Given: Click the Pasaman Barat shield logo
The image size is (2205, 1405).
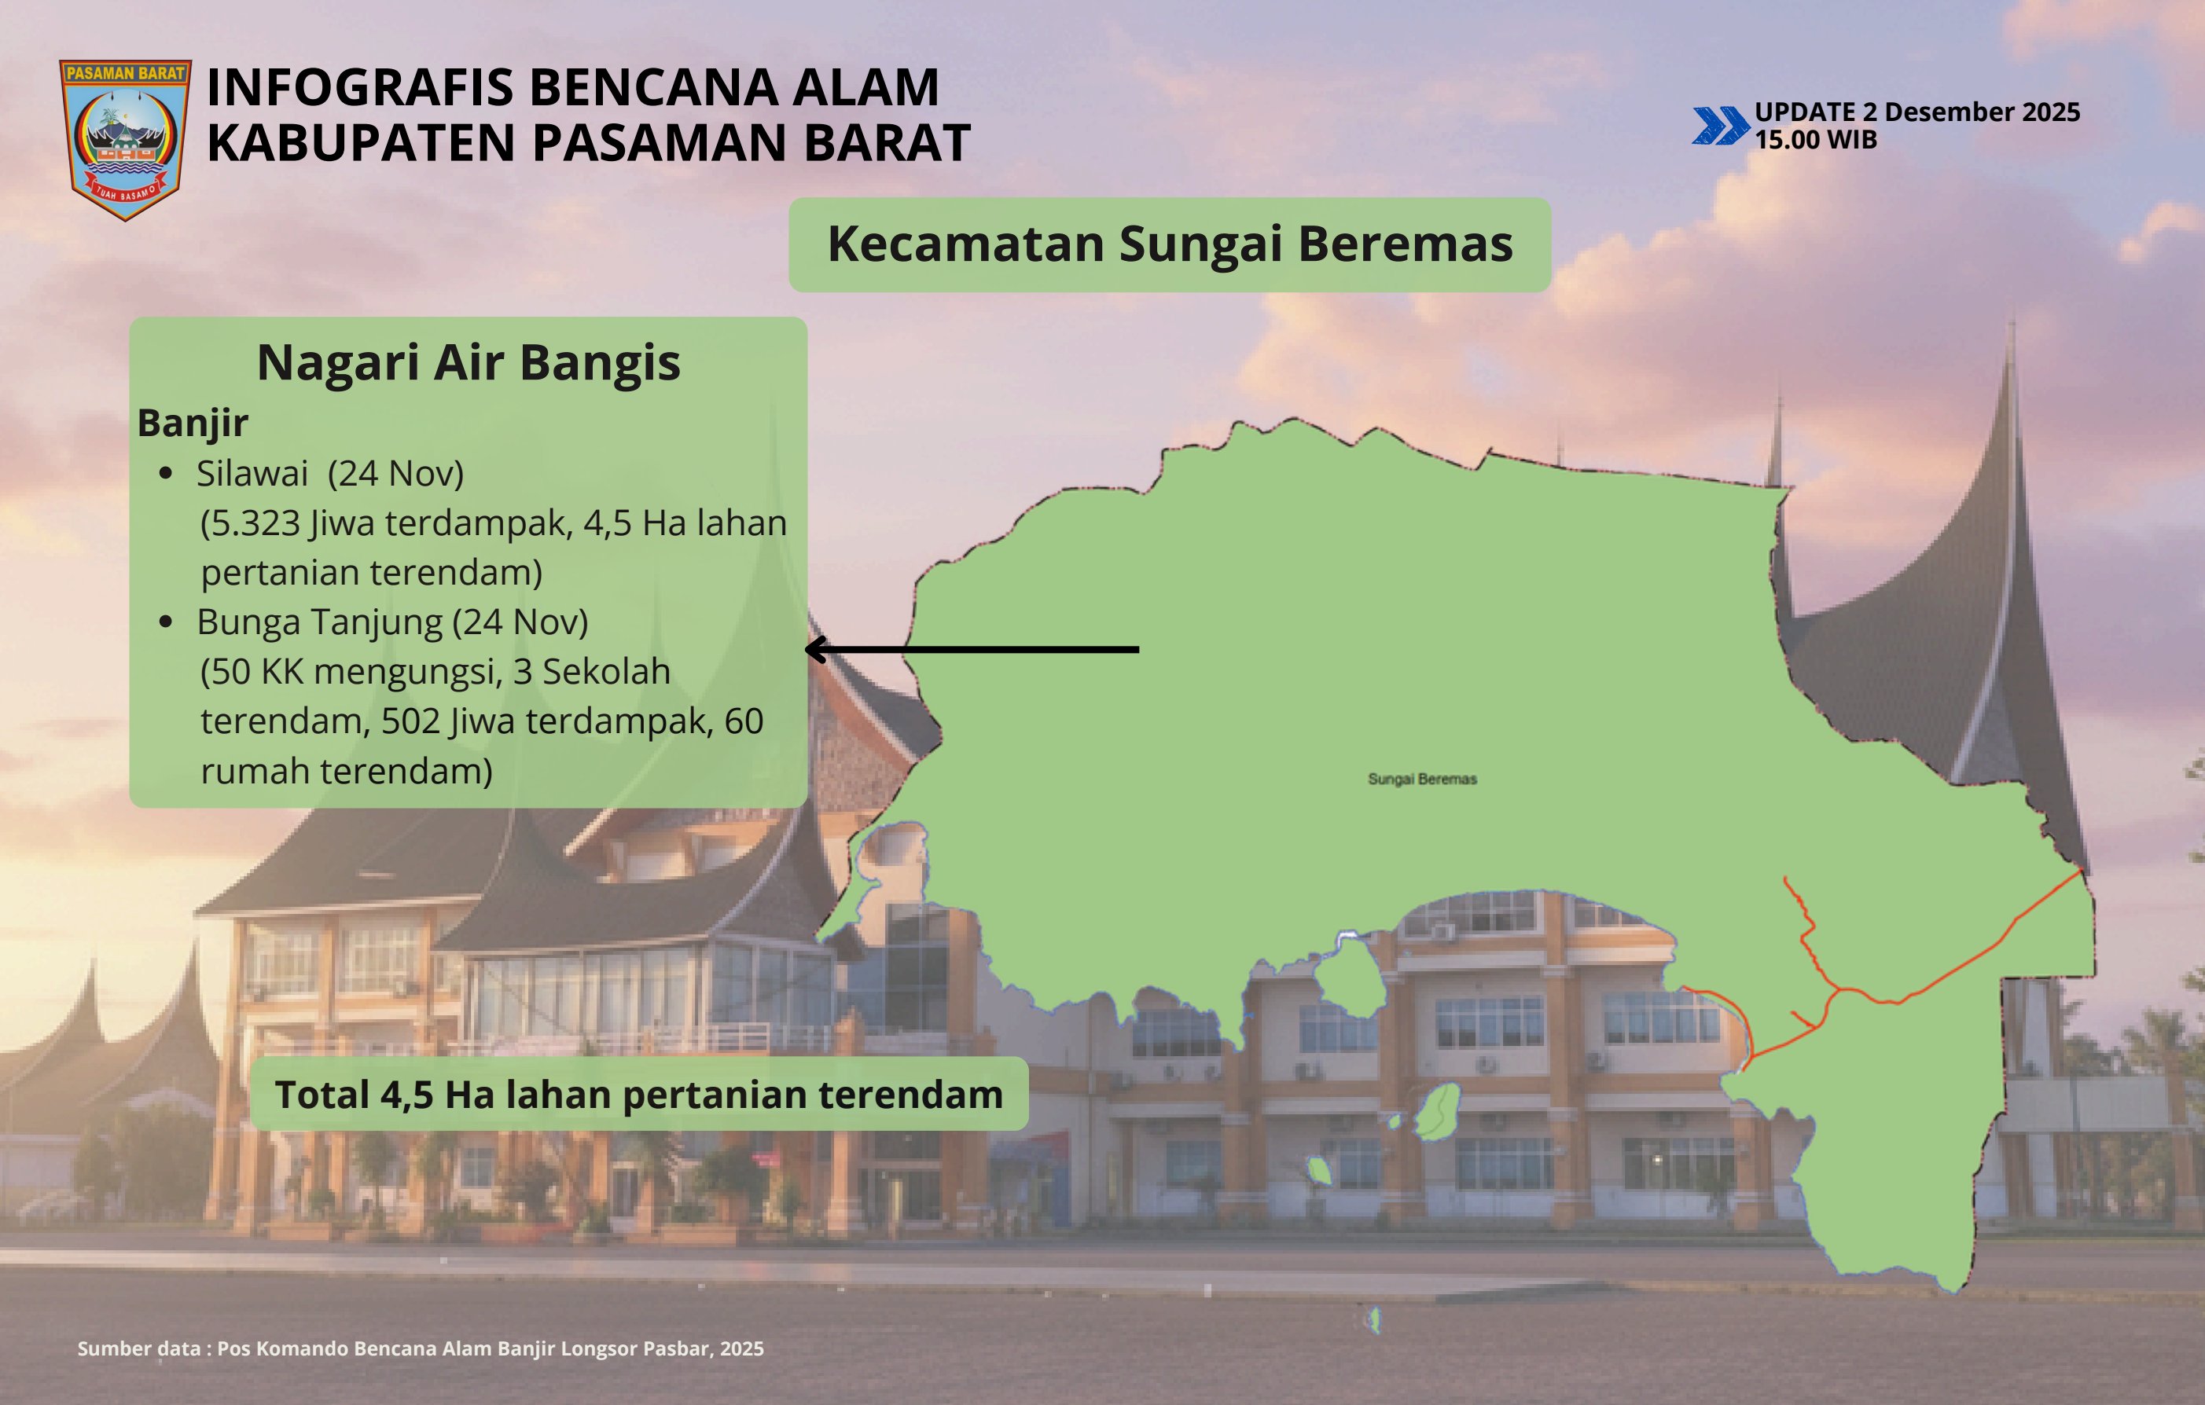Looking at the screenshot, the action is click(x=126, y=140).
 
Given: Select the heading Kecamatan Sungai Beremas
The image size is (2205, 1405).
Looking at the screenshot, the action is click(x=1170, y=244).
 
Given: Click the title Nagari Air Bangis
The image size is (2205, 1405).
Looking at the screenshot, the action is click(x=468, y=362).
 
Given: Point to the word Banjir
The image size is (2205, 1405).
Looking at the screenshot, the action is click(x=193, y=423).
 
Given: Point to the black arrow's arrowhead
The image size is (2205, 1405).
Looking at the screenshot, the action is click(x=815, y=649).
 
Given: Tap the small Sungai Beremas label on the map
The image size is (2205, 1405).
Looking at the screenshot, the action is click(x=1422, y=779).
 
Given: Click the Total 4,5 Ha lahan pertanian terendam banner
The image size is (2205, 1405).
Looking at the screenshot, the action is click(x=639, y=1094).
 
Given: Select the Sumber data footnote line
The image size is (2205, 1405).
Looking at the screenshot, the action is click(x=421, y=1348).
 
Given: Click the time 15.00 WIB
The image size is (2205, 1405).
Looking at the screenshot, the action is click(x=1816, y=140).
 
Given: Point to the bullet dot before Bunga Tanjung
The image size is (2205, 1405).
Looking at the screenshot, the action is click(x=166, y=622).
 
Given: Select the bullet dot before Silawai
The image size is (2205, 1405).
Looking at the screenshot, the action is click(x=166, y=473).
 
